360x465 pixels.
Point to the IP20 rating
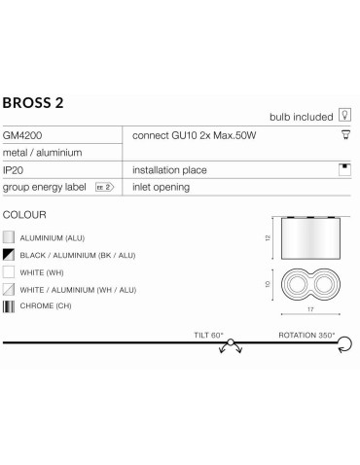click(16, 169)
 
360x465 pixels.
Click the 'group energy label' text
click(46, 185)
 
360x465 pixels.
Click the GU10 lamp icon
click(344, 135)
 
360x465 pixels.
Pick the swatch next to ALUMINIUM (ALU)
click(10, 235)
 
